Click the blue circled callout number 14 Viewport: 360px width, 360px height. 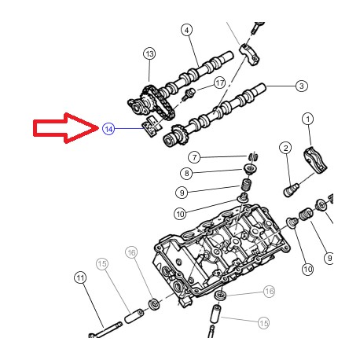[x=108, y=128]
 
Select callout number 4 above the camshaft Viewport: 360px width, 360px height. [x=186, y=30]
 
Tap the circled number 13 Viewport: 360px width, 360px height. [x=149, y=53]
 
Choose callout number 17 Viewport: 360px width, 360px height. [x=219, y=83]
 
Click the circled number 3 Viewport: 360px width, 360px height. [x=299, y=85]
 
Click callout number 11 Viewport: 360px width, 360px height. [x=79, y=277]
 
